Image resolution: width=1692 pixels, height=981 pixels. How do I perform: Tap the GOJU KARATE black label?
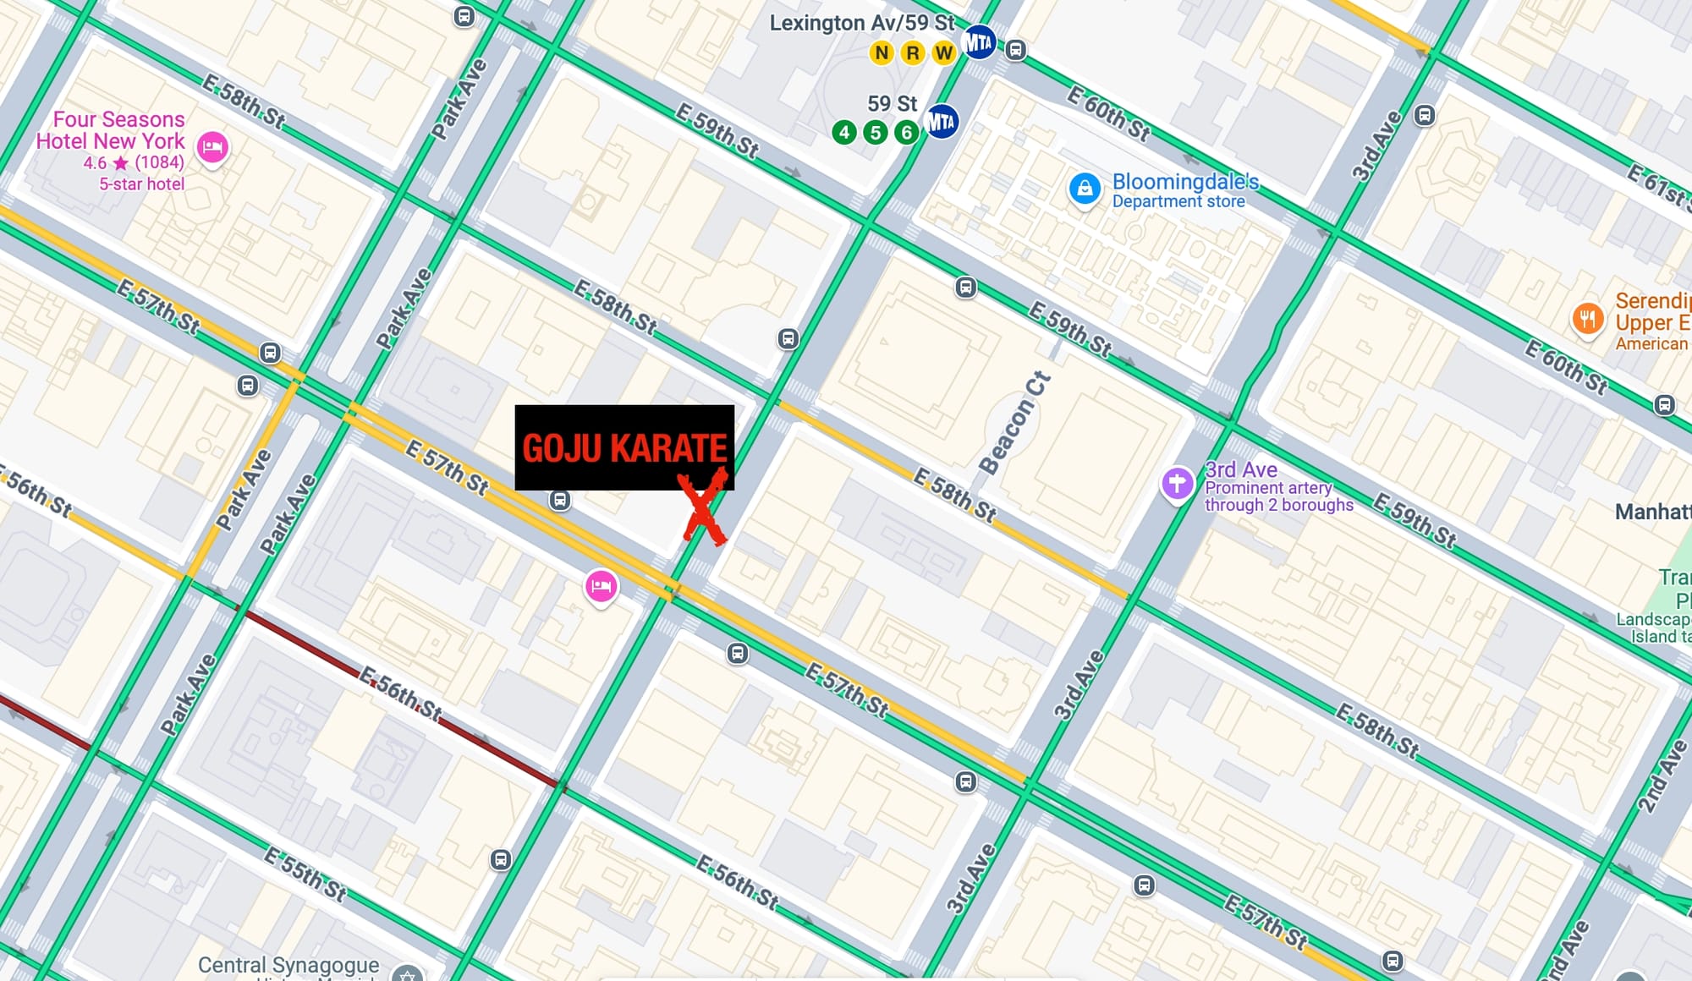624,447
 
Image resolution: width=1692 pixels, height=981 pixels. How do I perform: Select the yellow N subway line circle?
882,53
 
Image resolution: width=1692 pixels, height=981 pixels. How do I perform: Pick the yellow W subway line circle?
943,53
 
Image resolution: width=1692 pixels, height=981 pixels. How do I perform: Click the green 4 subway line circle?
843,133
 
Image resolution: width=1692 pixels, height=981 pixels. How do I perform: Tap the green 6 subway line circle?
906,133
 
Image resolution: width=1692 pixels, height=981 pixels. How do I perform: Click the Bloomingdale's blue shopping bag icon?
1085,189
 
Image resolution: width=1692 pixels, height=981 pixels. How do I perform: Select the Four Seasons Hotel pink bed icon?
212,148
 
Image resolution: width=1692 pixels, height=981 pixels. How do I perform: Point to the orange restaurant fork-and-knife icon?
1588,319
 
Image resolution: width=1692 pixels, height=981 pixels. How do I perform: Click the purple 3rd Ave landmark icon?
1177,484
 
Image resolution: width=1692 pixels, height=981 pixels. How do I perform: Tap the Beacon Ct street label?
1014,423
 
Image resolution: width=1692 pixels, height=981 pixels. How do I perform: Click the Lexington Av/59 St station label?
861,23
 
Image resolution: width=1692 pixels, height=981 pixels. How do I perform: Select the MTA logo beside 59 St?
941,123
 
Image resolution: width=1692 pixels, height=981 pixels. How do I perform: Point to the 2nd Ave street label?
1662,775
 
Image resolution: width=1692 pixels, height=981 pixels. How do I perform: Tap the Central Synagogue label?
288,965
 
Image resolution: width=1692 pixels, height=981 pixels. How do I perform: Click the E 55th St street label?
305,874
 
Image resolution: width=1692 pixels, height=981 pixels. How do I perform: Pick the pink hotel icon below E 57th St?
601,585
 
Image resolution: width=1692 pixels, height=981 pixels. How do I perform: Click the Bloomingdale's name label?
1184,182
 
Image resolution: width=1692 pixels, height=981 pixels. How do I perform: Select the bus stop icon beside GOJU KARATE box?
559,500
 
